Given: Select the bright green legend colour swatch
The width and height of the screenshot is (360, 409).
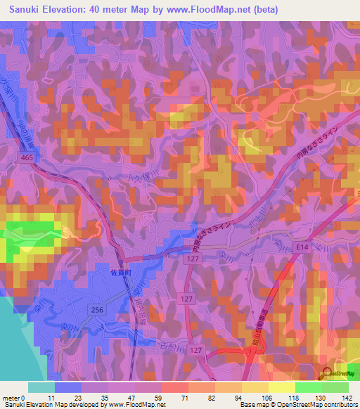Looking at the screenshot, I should pyautogui.click(x=308, y=387).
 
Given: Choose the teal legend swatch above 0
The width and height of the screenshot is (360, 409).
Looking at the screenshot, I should pyautogui.click(x=41, y=387).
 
